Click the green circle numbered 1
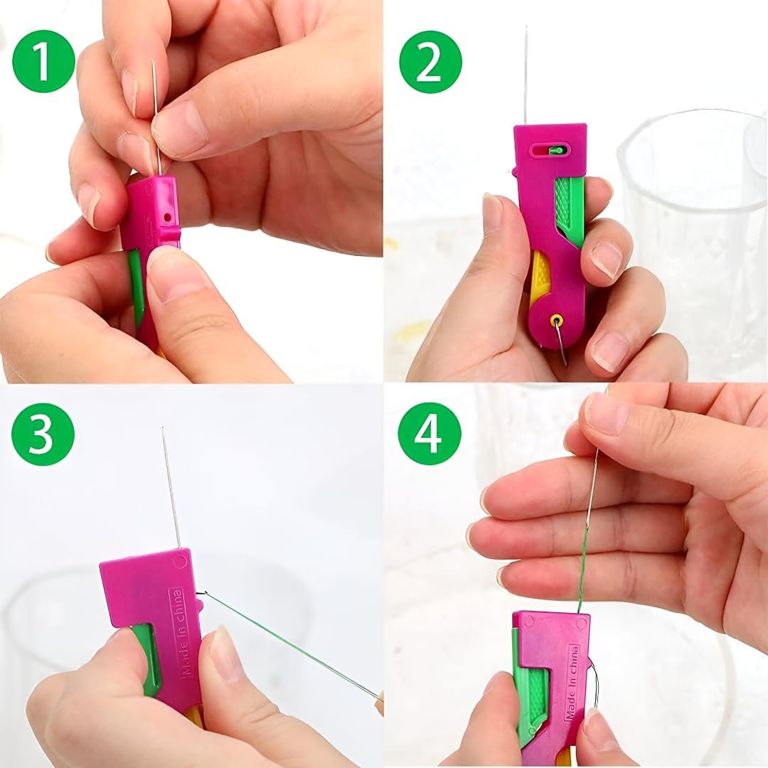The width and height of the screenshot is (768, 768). coord(43,62)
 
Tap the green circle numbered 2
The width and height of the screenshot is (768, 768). coord(430,62)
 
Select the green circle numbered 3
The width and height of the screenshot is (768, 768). coord(43,434)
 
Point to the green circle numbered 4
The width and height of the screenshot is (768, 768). coord(430,434)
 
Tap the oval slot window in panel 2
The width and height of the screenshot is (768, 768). coord(551,150)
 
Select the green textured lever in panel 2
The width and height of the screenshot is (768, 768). coord(570,210)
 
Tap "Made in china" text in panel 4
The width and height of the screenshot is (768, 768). coord(572,683)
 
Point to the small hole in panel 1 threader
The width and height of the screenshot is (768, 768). coord(168,216)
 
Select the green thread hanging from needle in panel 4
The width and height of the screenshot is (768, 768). coord(583,568)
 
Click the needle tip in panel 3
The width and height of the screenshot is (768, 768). coord(163,428)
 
